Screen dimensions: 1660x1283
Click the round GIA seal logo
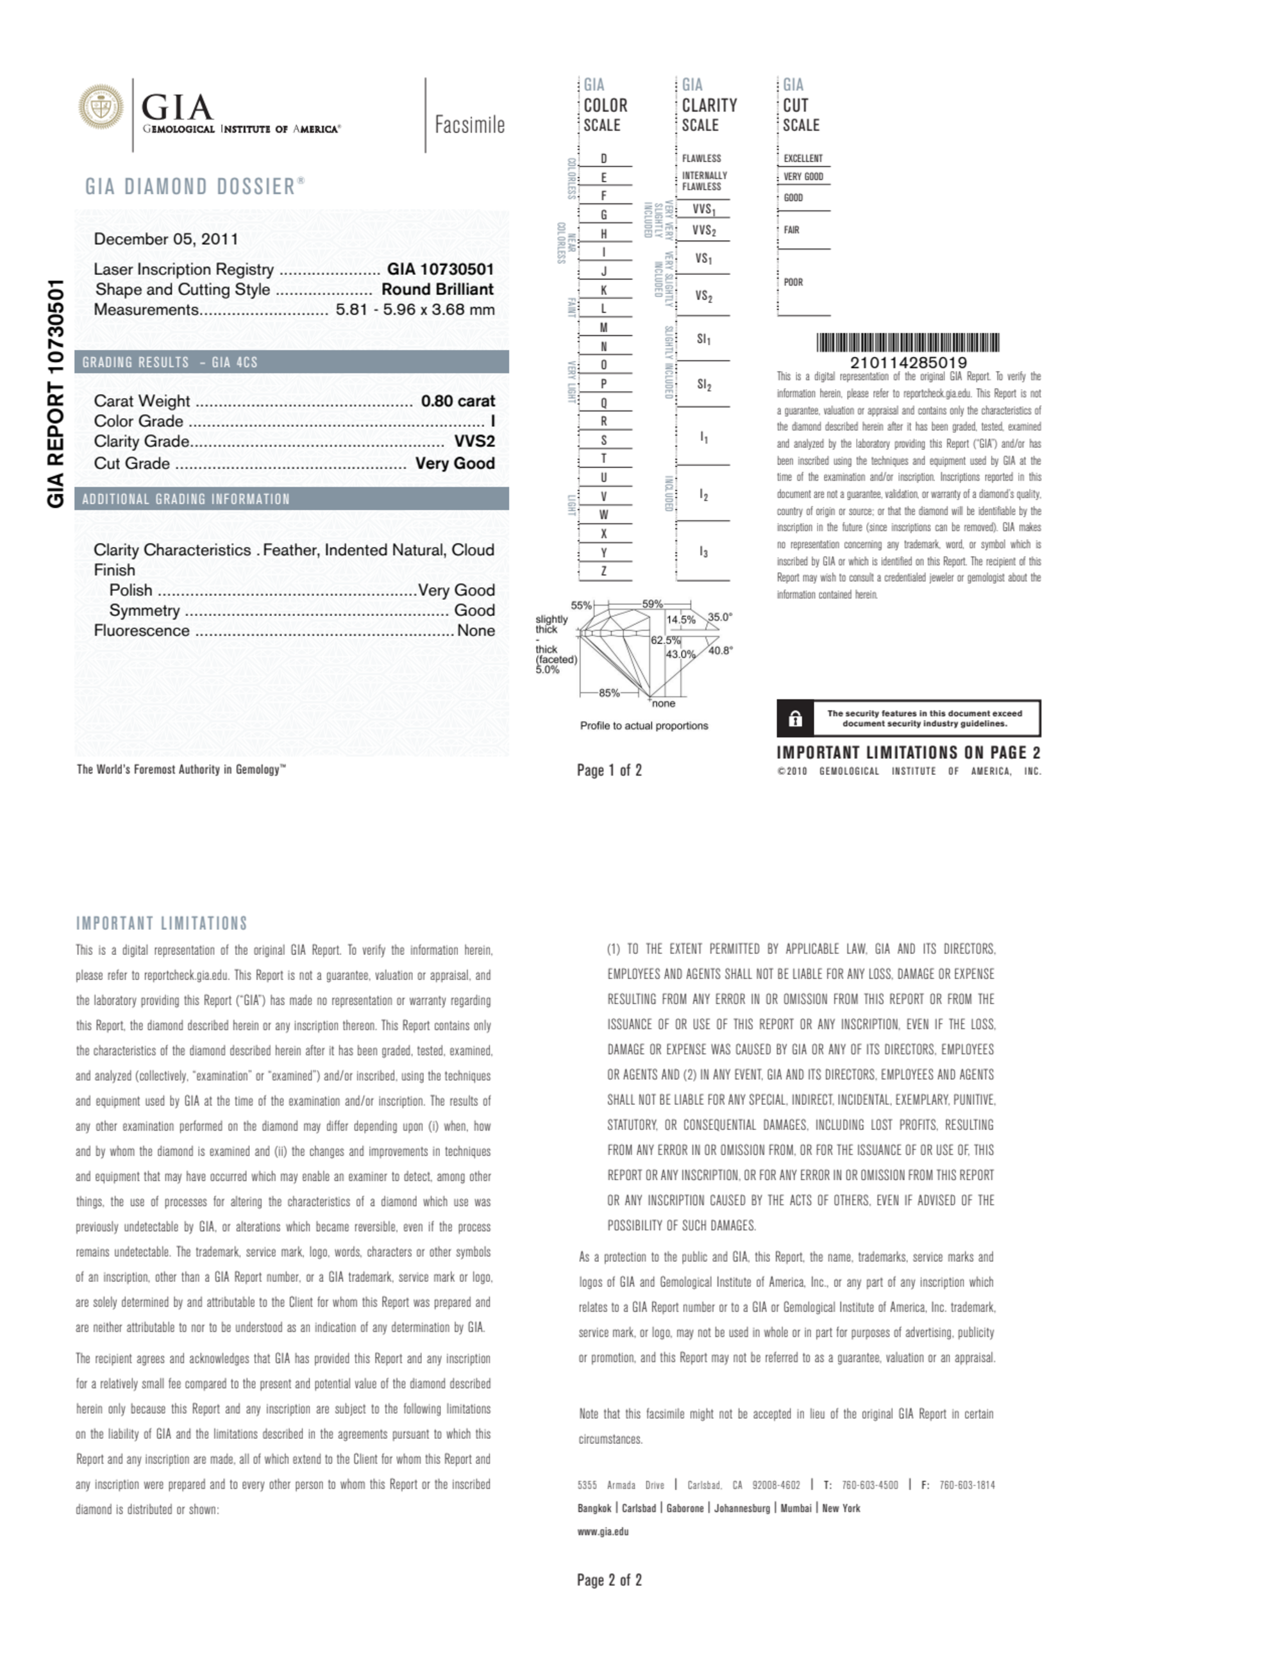[101, 107]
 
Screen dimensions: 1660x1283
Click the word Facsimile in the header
[469, 124]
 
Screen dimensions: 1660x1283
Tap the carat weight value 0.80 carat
[458, 401]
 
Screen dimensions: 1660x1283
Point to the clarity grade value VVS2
[474, 442]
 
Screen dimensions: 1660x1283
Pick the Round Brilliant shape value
[437, 290]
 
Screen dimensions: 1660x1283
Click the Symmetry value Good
[474, 611]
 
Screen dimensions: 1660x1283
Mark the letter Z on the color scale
[604, 572]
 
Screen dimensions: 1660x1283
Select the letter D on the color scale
[604, 159]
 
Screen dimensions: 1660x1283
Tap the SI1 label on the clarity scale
[703, 339]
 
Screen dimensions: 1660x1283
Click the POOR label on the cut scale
[793, 283]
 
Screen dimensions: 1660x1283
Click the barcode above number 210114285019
[908, 343]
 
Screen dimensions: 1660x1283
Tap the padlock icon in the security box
[795, 719]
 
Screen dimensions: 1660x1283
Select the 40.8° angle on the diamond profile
[720, 651]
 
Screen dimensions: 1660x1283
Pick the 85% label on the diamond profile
[609, 693]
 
